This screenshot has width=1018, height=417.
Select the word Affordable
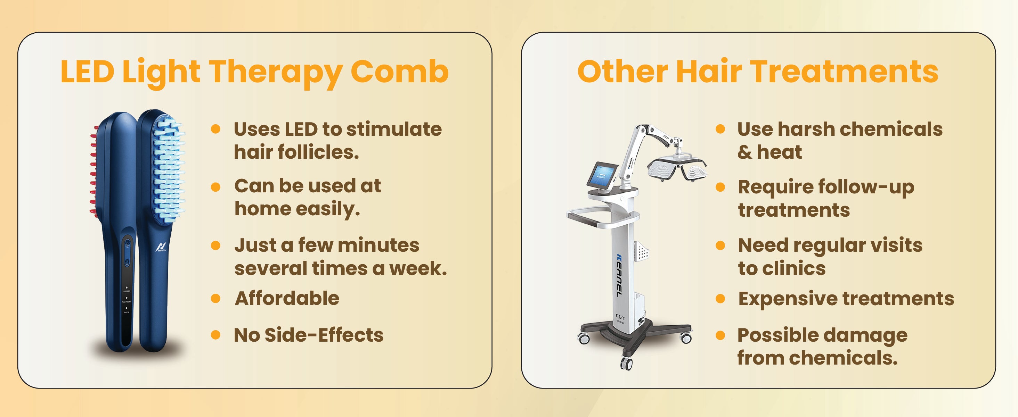tap(287, 298)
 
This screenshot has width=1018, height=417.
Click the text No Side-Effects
tap(309, 335)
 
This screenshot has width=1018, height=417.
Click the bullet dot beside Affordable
tap(215, 298)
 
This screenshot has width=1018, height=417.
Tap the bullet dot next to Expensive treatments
tap(720, 299)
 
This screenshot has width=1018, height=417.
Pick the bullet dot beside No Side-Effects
tap(215, 335)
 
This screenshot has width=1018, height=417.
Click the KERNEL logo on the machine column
tap(619, 275)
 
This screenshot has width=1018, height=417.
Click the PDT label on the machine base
tap(620, 317)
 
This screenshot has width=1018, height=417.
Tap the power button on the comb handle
tap(127, 262)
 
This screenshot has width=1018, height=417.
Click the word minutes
tap(378, 245)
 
